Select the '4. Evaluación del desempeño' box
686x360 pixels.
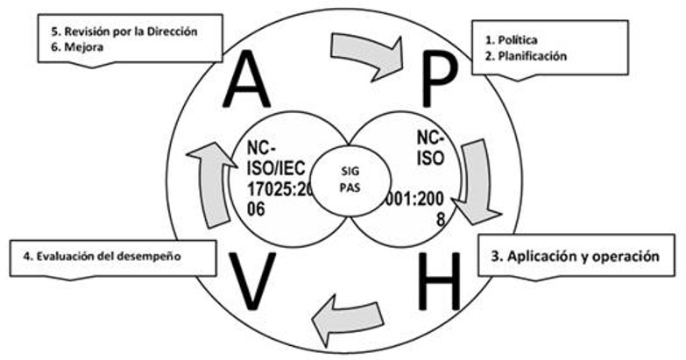pyautogui.click(x=114, y=258)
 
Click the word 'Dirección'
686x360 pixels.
pyautogui.click(x=173, y=32)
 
